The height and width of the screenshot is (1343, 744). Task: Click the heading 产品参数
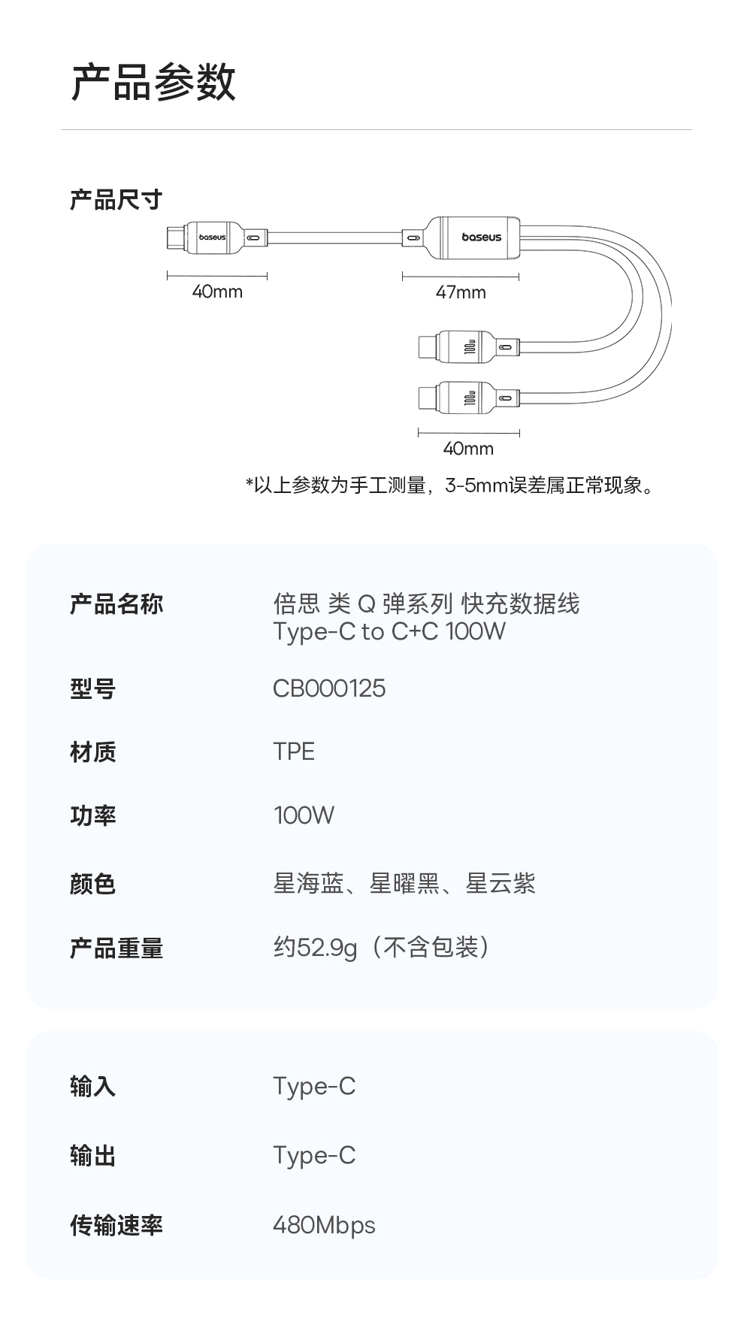pos(153,82)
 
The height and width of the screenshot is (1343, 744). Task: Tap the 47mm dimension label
pos(461,292)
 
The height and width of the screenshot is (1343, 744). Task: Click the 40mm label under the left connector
pos(217,292)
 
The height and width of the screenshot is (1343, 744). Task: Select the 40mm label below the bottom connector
pos(468,449)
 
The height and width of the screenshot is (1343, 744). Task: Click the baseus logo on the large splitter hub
pos(481,237)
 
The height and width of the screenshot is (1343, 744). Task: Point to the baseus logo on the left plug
pos(212,237)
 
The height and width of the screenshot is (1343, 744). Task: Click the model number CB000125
pos(329,688)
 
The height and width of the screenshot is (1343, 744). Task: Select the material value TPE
pos(294,752)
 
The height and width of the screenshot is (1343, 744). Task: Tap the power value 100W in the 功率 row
pos(304,815)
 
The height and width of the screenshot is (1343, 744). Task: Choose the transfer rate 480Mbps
pos(324,1226)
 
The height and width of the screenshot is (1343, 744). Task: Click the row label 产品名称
pos(116,604)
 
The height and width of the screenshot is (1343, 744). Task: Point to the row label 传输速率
pos(116,1226)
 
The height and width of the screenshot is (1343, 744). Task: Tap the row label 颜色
pos(92,884)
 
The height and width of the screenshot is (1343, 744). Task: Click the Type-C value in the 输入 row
pos(314,1087)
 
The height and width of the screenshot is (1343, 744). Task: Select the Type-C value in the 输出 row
pos(314,1156)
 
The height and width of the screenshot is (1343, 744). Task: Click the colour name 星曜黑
pos(404,884)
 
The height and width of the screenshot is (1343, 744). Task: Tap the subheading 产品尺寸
pos(116,200)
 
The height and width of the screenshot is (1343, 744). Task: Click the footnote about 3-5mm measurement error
pos(452,485)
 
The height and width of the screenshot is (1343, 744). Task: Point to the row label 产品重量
pos(116,948)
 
